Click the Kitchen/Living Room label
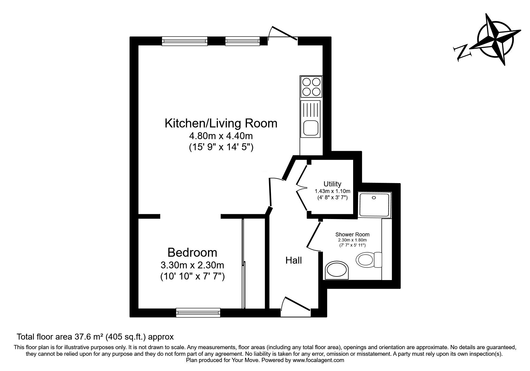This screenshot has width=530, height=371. click(x=221, y=123)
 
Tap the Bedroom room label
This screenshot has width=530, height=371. click(x=192, y=253)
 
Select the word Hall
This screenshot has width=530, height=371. click(x=294, y=261)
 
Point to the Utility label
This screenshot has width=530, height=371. click(x=332, y=184)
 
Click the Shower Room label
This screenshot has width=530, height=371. click(x=352, y=235)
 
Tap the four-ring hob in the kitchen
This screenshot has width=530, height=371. click(x=311, y=86)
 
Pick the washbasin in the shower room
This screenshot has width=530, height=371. click(x=337, y=270)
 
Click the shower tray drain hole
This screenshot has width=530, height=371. click(x=373, y=198)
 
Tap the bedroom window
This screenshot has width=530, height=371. click(x=198, y=313)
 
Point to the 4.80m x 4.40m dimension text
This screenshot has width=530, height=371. click(x=221, y=136)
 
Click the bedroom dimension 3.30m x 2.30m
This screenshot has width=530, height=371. click(x=192, y=265)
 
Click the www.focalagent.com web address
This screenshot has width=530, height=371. click(x=318, y=360)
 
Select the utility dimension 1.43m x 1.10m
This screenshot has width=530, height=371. click(x=332, y=191)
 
